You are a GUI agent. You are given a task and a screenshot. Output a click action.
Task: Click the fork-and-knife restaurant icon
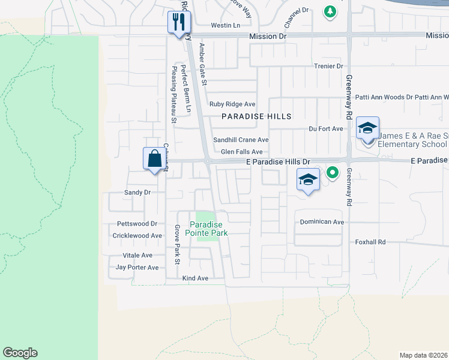(x=178, y=23)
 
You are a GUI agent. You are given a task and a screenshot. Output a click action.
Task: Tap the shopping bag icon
(x=154, y=159)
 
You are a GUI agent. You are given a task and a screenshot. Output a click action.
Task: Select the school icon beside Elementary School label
(x=367, y=128)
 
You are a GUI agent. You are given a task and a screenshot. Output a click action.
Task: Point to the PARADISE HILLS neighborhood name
(x=256, y=116)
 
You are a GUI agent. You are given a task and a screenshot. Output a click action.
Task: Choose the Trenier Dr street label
(x=328, y=66)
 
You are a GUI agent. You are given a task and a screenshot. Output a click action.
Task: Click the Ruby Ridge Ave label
(x=232, y=104)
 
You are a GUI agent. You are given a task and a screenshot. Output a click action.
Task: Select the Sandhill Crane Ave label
(x=241, y=140)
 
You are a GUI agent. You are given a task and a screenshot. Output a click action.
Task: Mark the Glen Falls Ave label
(x=242, y=152)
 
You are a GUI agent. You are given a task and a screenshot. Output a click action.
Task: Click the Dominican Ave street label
(x=322, y=222)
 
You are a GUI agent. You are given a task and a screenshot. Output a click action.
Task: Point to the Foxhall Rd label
(x=369, y=242)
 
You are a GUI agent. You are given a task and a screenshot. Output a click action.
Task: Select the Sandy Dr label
(x=136, y=193)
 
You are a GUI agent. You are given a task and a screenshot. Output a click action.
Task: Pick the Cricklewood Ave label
(x=137, y=236)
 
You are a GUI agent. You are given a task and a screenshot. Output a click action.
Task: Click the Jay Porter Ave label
(x=137, y=268)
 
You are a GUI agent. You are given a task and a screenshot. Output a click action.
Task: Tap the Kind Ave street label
(x=195, y=278)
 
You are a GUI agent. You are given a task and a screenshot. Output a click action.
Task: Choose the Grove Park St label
(x=177, y=244)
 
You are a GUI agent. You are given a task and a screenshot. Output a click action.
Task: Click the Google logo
(x=20, y=353)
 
